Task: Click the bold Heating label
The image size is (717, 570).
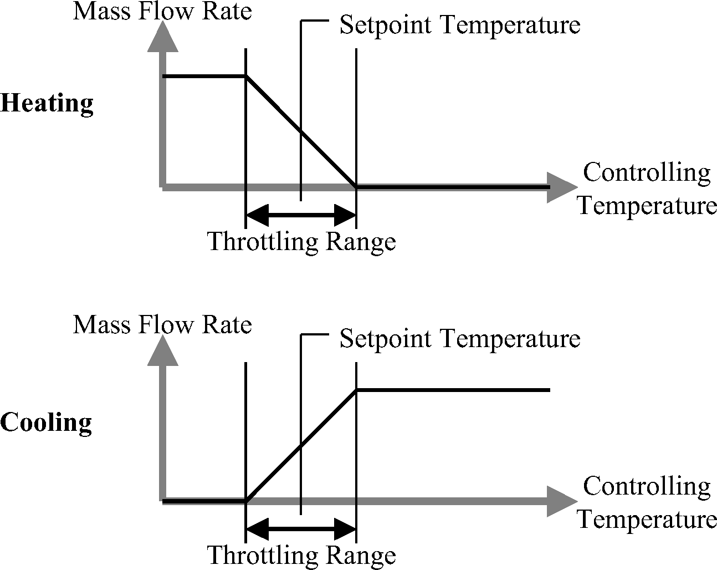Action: tap(47, 104)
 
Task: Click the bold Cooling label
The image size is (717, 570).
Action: tap(46, 423)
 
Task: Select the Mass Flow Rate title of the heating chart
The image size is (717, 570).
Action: tap(162, 11)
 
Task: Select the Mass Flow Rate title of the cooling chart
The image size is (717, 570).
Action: tap(162, 324)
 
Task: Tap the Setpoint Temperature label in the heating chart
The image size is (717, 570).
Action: tap(459, 25)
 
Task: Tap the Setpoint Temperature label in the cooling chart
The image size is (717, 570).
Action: tap(459, 338)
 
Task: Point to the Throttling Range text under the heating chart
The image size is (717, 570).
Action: tap(301, 242)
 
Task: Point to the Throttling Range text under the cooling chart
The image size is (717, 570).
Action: tap(301, 555)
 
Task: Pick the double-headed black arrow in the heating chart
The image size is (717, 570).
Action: tap(300, 213)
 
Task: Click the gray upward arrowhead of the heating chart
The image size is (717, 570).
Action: tap(163, 39)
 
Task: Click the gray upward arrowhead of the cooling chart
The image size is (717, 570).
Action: tap(163, 352)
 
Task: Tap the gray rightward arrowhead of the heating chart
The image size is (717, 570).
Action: tap(561, 187)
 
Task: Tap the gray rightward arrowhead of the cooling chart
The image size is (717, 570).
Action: tap(561, 501)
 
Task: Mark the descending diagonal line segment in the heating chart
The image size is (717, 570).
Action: tap(301, 132)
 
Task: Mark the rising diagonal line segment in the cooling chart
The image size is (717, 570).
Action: tap(301, 446)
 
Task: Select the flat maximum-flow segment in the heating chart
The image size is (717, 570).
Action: tap(204, 77)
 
